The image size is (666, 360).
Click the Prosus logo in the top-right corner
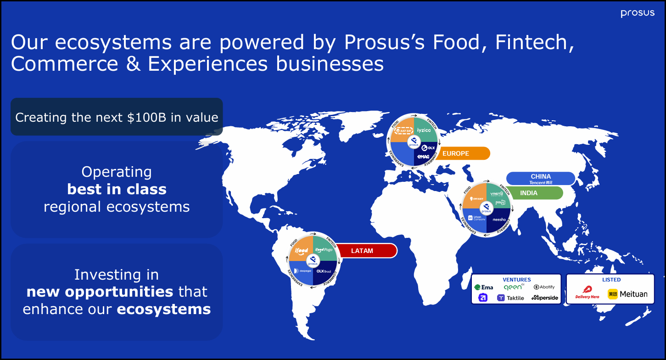tap(638, 13)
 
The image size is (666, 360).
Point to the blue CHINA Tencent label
tap(541, 179)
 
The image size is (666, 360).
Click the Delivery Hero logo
tap(588, 292)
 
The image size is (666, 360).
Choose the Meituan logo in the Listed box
tap(627, 294)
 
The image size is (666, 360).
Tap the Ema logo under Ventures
tap(484, 287)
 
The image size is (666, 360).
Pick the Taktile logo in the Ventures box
tap(510, 298)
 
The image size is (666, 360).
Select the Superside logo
tap(545, 298)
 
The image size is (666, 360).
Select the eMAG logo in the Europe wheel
tap(422, 157)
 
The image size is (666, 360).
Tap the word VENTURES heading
tap(516, 280)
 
